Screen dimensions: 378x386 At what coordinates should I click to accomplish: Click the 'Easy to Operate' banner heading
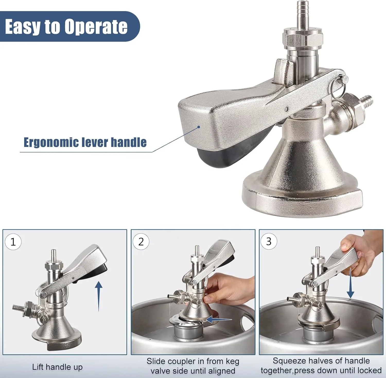pos(66,27)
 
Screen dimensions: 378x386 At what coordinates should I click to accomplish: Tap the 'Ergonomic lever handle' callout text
pos(85,142)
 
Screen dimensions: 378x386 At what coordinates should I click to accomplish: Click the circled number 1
pos(13,242)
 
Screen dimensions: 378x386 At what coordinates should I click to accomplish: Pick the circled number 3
pos(269,241)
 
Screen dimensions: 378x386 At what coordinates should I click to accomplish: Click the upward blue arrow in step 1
pos(99,296)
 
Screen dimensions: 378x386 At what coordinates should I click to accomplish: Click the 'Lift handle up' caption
pos(57,367)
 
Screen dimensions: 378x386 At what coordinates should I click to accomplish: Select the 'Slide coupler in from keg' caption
pos(193,361)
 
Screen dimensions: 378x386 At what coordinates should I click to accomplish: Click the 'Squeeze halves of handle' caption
pos(321,361)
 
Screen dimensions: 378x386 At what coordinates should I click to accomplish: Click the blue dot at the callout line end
pos(199,127)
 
